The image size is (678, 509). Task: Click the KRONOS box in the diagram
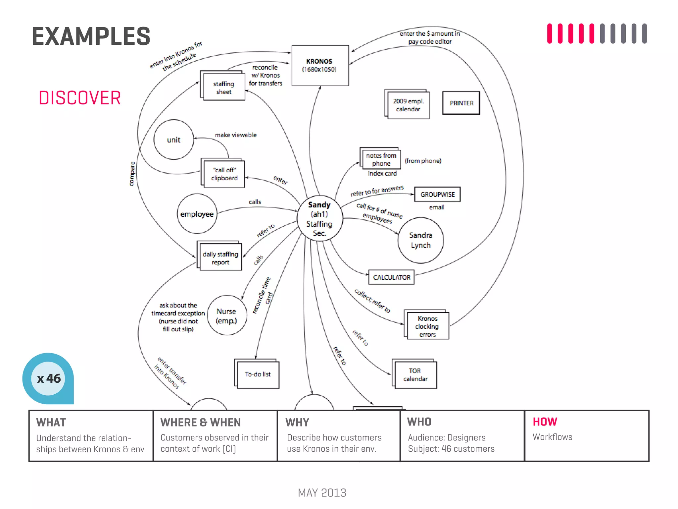click(320, 65)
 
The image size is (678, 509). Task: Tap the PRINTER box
click(461, 103)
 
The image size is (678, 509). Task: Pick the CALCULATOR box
click(391, 277)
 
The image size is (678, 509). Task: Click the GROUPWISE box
click(437, 195)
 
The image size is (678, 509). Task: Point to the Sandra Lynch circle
click(420, 240)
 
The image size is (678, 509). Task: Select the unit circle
click(173, 140)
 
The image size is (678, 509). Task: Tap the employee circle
click(197, 214)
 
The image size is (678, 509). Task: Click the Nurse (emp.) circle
click(227, 315)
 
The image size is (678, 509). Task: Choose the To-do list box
click(258, 374)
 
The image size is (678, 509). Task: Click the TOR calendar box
click(415, 375)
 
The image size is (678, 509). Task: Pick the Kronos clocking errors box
click(427, 326)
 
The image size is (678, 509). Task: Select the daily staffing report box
click(220, 258)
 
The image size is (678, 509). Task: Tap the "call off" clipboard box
click(224, 174)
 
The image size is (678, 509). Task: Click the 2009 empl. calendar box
click(408, 105)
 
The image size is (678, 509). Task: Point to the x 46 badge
click(48, 378)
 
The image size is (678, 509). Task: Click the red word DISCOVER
click(80, 98)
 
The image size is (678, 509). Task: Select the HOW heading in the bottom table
click(545, 422)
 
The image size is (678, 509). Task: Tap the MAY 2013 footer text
click(322, 493)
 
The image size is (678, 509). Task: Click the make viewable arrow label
click(236, 135)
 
